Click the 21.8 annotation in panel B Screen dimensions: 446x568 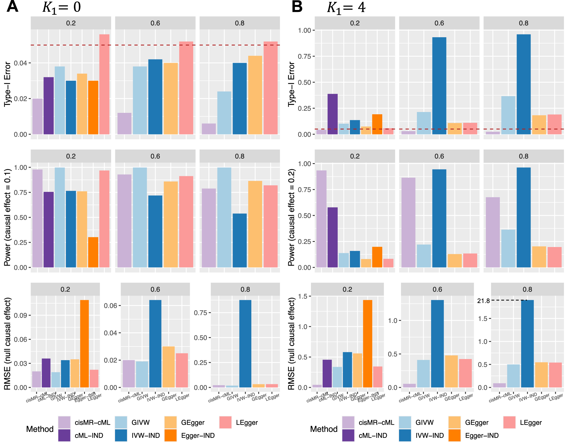(483, 301)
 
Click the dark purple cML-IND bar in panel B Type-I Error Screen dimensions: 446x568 (333, 114)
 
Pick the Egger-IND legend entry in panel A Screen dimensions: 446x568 (198, 435)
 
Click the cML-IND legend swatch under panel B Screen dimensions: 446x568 (348, 435)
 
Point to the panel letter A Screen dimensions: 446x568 (12, 7)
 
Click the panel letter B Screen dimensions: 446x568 (297, 7)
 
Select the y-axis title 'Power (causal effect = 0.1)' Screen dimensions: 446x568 (7, 217)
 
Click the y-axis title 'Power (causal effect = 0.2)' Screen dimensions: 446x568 (291, 217)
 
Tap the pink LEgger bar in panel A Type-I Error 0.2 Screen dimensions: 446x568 (104, 84)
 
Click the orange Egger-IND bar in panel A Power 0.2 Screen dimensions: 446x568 (93, 252)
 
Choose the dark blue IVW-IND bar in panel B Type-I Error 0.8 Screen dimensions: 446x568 (524, 84)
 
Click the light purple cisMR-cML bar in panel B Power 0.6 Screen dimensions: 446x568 (408, 222)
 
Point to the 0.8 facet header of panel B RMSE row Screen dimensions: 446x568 (527, 289)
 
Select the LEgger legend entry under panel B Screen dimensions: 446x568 (531, 422)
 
